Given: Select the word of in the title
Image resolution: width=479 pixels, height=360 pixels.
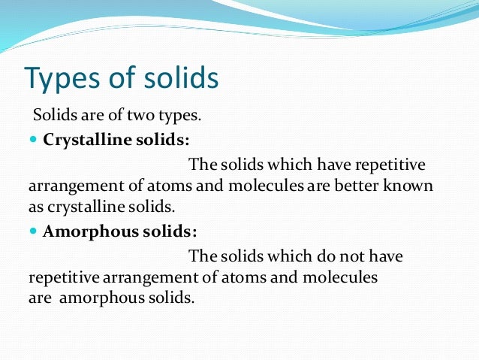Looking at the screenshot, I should click(x=122, y=77).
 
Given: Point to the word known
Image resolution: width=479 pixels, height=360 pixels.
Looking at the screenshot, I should click(x=411, y=185).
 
